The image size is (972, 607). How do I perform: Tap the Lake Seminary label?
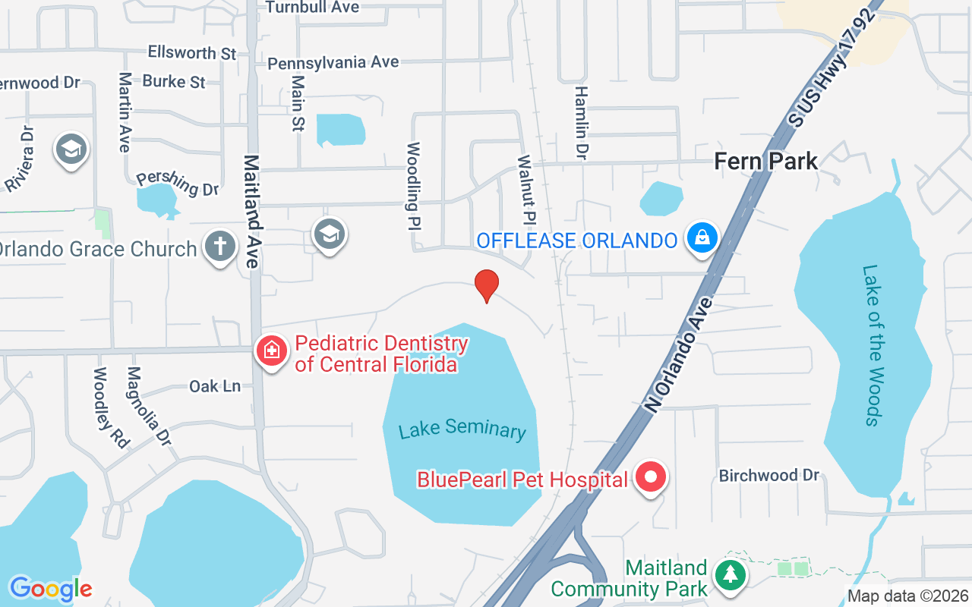pyautogui.click(x=462, y=429)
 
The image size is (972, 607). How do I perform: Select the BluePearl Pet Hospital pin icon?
pyautogui.click(x=650, y=477)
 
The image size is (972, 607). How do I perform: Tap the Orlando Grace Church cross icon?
pyautogui.click(x=220, y=247)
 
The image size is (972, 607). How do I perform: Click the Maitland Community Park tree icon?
pyautogui.click(x=730, y=574)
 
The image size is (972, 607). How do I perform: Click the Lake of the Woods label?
pyautogui.click(x=873, y=345)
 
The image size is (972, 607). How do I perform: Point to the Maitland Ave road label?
pyautogui.click(x=252, y=211)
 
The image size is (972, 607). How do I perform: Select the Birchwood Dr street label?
pyautogui.click(x=769, y=475)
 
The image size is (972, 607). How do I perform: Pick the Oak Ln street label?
pyautogui.click(x=215, y=386)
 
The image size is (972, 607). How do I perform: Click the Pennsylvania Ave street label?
pyautogui.click(x=333, y=63)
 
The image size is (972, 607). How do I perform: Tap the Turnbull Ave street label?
pyautogui.click(x=312, y=7)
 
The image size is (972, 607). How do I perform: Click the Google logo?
pyautogui.click(x=51, y=588)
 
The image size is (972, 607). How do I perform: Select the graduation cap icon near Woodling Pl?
pyautogui.click(x=330, y=234)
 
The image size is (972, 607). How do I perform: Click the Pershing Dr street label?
pyautogui.click(x=178, y=183)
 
